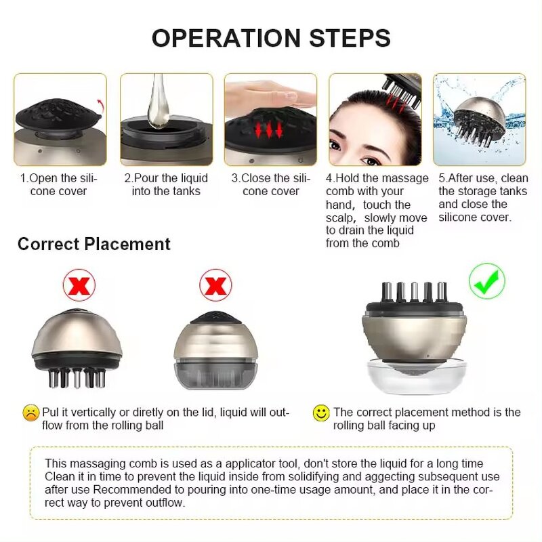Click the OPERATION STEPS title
point(271,37)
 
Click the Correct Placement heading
point(93,244)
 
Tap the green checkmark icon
point(486,281)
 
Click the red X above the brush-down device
point(79,285)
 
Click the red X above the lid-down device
point(215,285)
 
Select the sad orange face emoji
point(30,413)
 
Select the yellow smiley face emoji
point(321,413)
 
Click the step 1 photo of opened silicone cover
point(60,120)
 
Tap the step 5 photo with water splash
point(479,120)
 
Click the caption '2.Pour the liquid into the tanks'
point(166,184)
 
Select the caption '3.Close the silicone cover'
point(270,184)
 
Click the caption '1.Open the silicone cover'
point(59,184)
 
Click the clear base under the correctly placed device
point(416,377)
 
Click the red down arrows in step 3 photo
point(268,130)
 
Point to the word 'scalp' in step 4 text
point(341,218)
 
